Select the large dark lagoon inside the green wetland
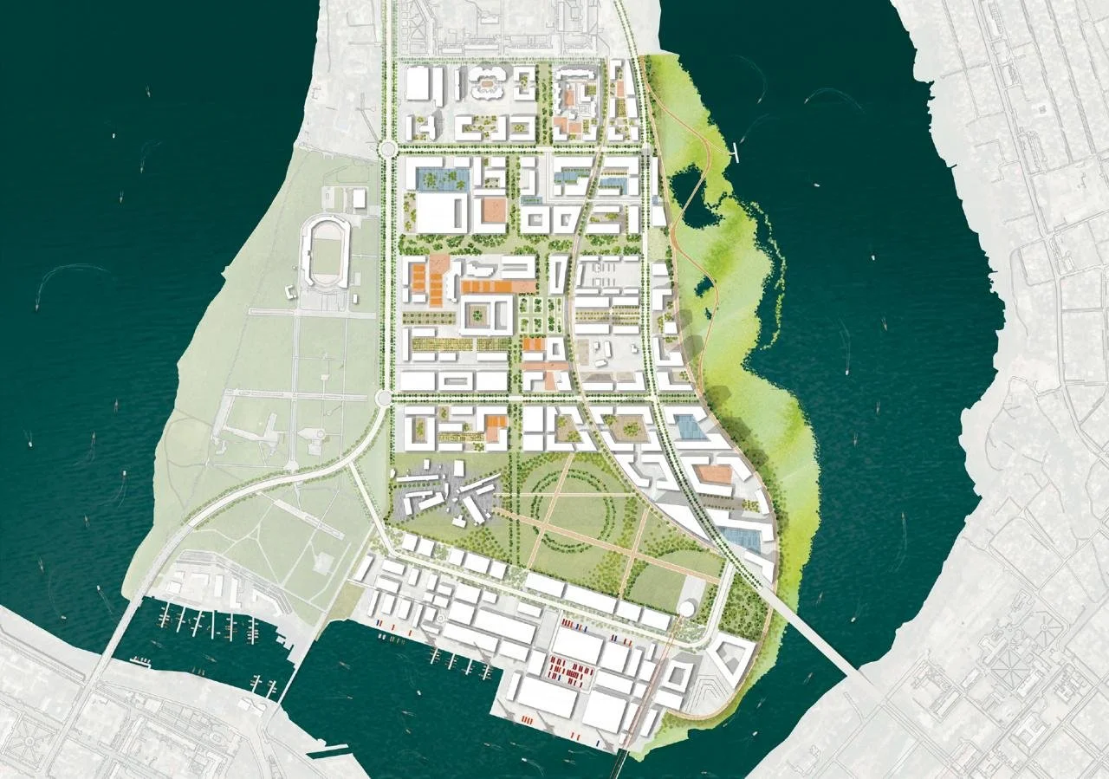(686, 186)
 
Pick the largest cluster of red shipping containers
(571, 666)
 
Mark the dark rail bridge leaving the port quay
(622, 760)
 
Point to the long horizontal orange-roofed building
(497, 286)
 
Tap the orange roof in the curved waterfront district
(716, 474)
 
